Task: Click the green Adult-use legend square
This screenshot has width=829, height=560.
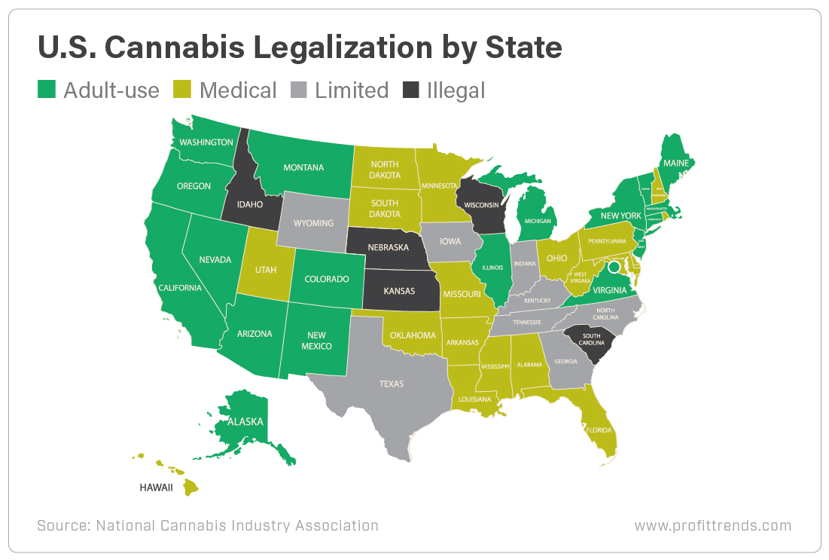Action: tap(47, 90)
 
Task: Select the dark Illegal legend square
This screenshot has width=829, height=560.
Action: tap(410, 90)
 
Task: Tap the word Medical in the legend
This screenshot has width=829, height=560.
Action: tap(238, 90)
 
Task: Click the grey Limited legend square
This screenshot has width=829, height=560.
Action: tap(299, 90)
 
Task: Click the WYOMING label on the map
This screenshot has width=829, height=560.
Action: tap(313, 223)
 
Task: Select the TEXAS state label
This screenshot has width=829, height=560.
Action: tap(391, 384)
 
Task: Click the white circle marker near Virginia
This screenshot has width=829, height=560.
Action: tap(614, 267)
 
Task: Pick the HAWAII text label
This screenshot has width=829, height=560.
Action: tap(156, 488)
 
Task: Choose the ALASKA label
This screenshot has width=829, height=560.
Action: tap(246, 421)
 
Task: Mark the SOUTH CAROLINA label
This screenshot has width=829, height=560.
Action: tap(590, 339)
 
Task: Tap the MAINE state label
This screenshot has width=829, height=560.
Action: tap(675, 163)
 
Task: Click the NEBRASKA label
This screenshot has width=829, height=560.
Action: tap(388, 247)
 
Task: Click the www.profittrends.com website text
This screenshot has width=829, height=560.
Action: tap(712, 525)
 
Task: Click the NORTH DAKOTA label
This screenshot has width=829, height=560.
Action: tap(384, 170)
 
